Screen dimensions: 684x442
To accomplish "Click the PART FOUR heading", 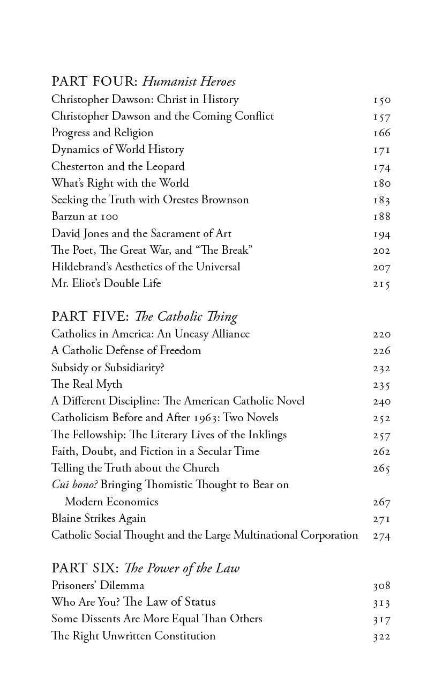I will [95, 82].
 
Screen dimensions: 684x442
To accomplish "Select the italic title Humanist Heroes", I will [189, 82].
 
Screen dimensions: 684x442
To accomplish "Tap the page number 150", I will [382, 100].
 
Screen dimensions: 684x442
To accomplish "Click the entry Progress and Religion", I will [102, 133].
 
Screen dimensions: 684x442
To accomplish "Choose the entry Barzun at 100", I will [85, 217].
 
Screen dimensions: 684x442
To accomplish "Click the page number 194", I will [382, 234].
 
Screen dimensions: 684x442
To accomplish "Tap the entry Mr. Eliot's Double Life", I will [106, 283].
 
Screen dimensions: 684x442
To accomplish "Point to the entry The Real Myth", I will [87, 384].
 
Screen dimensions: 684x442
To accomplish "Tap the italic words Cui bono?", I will [74, 484].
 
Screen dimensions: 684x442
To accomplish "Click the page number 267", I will [382, 502].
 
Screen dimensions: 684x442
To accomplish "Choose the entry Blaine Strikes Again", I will [99, 518].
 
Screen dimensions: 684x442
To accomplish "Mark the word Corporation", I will [325, 535].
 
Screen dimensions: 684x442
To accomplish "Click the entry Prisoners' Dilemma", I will [98, 585].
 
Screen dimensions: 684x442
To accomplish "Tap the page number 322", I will [382, 636].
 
